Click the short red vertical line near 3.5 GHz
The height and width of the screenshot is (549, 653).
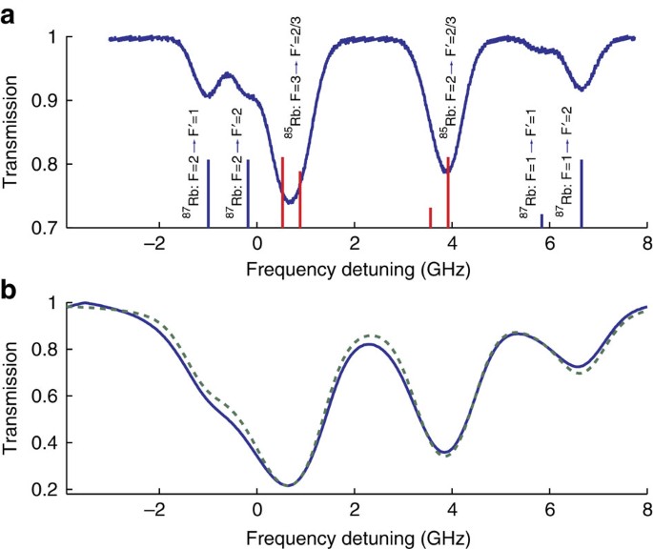tap(430, 218)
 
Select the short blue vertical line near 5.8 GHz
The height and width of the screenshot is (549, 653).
tap(541, 221)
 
